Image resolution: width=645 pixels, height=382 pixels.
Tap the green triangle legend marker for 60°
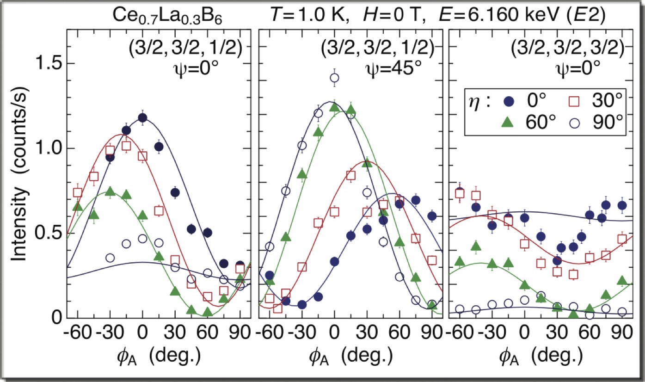(508, 123)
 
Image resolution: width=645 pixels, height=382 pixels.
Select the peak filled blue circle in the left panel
(142, 118)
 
